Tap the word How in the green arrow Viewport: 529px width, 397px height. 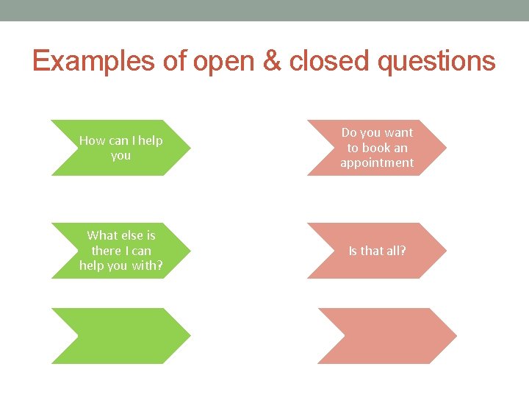click(x=92, y=140)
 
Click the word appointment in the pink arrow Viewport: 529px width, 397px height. click(x=377, y=162)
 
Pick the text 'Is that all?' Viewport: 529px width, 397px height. click(x=377, y=251)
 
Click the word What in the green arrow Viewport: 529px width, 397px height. click(x=101, y=235)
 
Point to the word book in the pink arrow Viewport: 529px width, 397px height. click(x=376, y=148)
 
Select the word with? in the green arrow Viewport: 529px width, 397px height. click(x=148, y=265)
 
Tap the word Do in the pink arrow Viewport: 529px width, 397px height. click(x=349, y=132)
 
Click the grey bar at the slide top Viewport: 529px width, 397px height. click(x=264, y=10)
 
